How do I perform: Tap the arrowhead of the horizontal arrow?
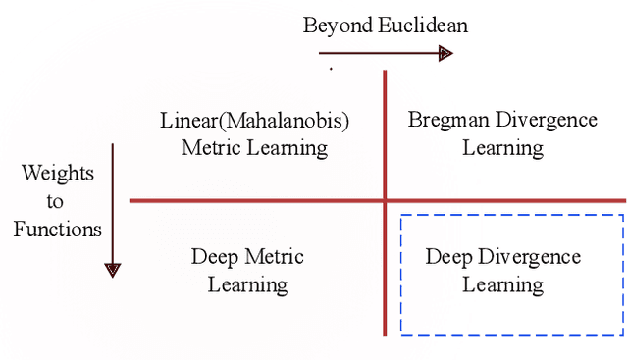[x=445, y=52]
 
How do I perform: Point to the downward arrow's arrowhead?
[x=113, y=269]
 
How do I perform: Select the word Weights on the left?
[x=59, y=174]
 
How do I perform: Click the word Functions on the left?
[x=59, y=231]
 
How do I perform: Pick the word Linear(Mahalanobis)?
[x=254, y=121]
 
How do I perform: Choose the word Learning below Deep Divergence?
[x=502, y=285]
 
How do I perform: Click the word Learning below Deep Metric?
[x=247, y=285]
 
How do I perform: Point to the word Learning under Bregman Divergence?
[x=502, y=148]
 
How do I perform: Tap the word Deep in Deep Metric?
[x=215, y=257]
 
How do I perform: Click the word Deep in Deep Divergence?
[x=448, y=257]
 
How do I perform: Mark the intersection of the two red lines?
[x=385, y=200]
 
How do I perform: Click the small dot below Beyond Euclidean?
[x=331, y=69]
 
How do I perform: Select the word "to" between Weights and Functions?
[x=55, y=202]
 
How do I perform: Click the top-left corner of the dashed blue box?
[x=401, y=216]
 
